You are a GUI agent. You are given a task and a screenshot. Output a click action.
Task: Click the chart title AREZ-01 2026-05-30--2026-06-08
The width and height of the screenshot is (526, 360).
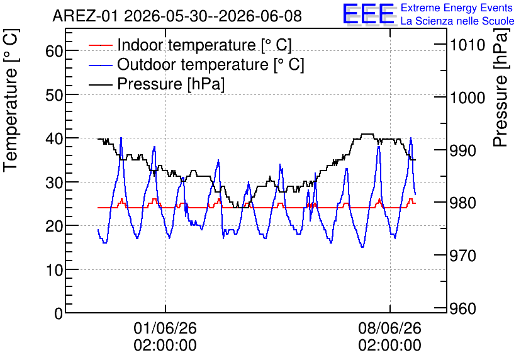pos(177,16)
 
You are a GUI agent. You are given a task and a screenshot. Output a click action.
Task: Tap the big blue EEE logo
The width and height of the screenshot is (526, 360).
pos(368,14)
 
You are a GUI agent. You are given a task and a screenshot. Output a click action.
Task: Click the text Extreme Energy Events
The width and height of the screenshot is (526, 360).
pos(457,8)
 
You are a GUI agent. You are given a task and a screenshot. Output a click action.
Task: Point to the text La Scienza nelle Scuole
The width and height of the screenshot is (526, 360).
pos(457,21)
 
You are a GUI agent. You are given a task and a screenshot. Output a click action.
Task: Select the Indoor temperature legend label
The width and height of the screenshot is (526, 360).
pos(204,45)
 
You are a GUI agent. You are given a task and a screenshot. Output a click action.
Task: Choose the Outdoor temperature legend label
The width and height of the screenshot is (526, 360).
pos(211,64)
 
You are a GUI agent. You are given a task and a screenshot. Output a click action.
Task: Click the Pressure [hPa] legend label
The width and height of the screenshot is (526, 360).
pos(171,84)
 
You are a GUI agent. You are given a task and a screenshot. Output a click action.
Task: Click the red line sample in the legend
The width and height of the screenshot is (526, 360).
pos(101,45)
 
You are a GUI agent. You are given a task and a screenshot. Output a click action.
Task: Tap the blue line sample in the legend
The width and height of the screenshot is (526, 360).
pos(101,65)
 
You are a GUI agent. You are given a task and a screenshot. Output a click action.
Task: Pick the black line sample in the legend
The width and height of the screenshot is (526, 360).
pos(101,84)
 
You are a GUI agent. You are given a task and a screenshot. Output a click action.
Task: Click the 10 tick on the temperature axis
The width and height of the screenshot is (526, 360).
pos(54,270)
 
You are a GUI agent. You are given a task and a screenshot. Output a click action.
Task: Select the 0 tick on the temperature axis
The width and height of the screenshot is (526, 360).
pos(59,313)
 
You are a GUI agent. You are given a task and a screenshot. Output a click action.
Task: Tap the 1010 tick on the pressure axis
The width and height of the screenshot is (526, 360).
pos(467,45)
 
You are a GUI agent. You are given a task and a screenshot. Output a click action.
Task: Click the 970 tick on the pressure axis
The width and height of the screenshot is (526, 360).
pos(462,256)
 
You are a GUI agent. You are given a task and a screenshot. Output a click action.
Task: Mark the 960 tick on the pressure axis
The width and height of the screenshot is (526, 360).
pos(462,308)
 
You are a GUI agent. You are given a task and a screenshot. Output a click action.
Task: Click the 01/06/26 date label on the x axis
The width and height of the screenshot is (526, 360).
pos(165,328)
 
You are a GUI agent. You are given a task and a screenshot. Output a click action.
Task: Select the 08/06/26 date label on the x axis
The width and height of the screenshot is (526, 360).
pos(390,328)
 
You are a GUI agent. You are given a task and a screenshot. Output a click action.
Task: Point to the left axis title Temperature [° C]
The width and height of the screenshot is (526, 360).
pos(11,100)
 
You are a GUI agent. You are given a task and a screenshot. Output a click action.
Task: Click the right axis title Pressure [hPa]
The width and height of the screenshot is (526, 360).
pos(500,87)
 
